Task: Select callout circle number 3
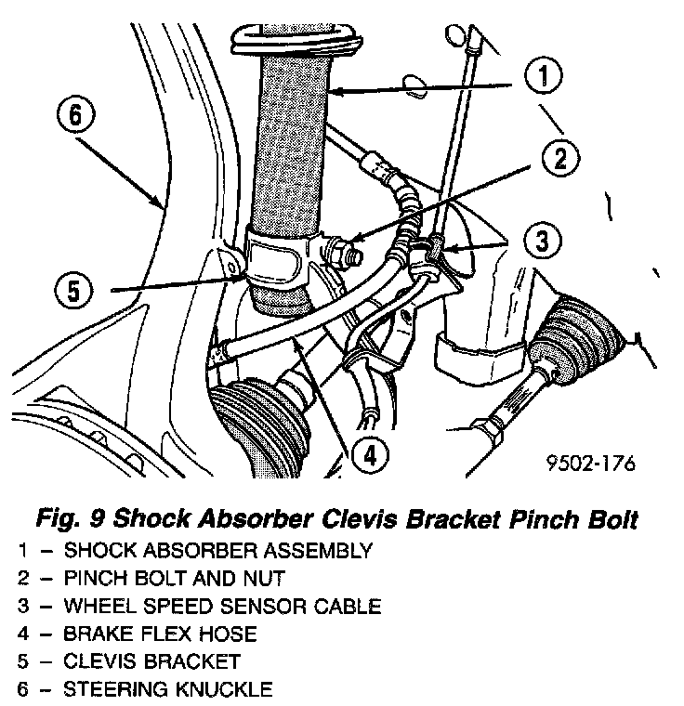pyautogui.click(x=541, y=242)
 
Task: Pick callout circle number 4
pyautogui.click(x=370, y=454)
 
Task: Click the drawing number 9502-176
pyautogui.click(x=590, y=463)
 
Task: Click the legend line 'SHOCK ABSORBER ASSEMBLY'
pyautogui.click(x=218, y=550)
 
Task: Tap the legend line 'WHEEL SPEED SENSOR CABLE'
pyautogui.click(x=222, y=607)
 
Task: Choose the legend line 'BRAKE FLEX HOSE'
pyautogui.click(x=160, y=634)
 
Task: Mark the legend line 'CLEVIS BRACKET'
pyautogui.click(x=151, y=662)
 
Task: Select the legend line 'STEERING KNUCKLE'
pyautogui.click(x=167, y=690)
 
